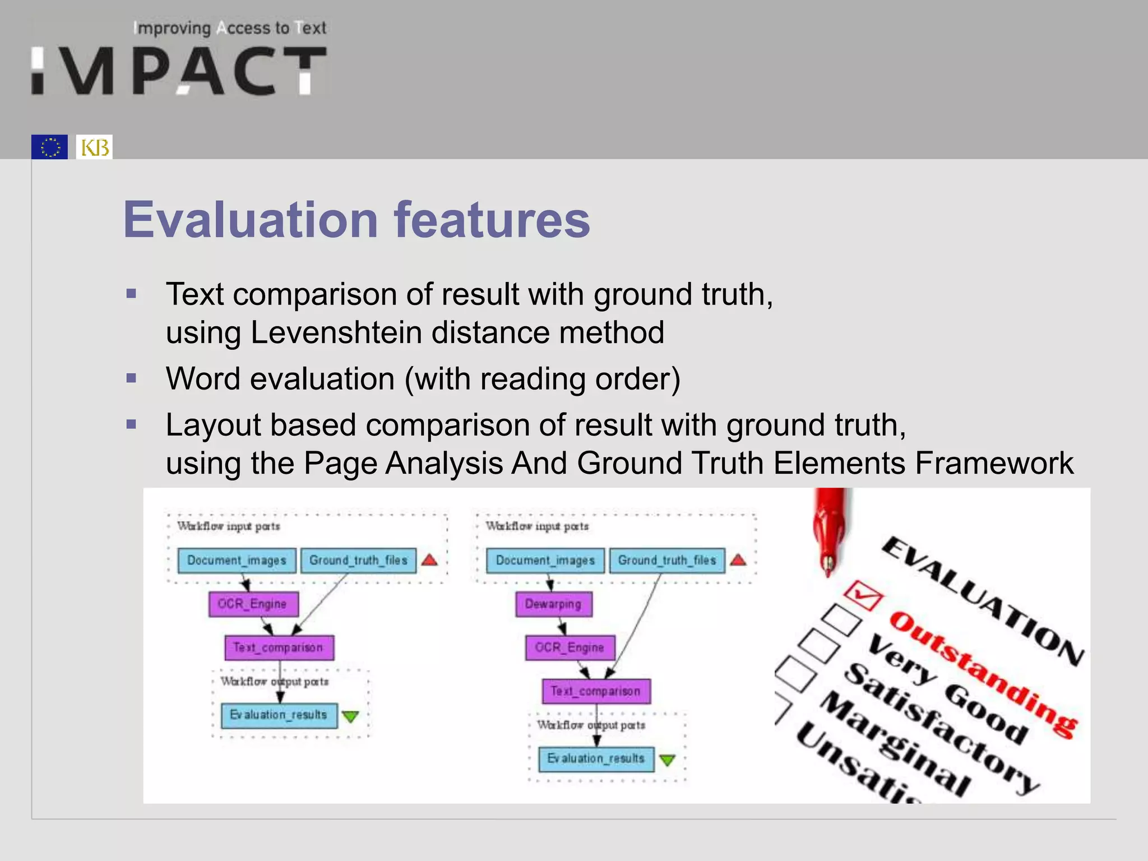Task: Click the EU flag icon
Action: pos(49,147)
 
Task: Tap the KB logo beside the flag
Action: pos(94,147)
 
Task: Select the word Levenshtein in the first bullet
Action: pos(336,332)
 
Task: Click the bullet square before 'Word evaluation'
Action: pos(132,378)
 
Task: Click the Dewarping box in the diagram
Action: pos(553,604)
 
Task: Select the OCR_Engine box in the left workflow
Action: pos(253,604)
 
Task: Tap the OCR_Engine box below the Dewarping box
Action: pos(570,647)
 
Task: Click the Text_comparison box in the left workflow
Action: pos(279,647)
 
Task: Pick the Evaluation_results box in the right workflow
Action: pos(596,759)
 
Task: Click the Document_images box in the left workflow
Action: pos(237,561)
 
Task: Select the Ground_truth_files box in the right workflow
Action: pos(666,561)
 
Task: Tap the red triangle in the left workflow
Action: pos(429,560)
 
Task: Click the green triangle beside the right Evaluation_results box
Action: pos(667,760)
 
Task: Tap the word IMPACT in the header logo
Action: pos(179,71)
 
